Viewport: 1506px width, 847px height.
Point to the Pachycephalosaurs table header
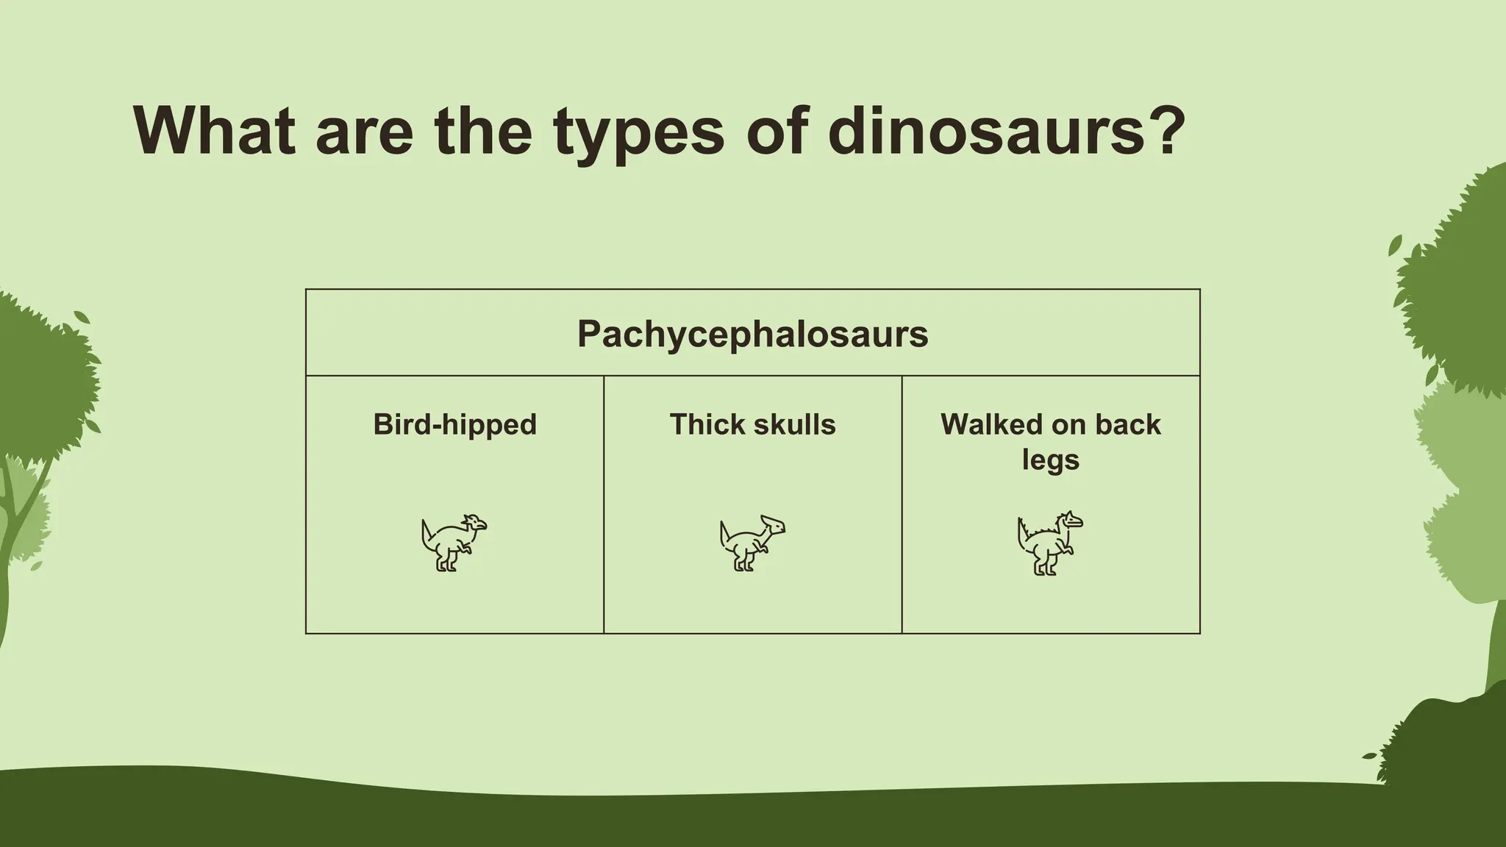coord(752,334)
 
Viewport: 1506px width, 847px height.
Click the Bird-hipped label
coord(454,424)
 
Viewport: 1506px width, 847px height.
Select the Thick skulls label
coord(752,424)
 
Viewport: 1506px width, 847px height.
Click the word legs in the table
coord(1050,460)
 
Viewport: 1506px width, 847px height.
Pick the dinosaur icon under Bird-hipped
coord(454,543)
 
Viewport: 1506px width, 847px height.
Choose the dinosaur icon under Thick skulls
coord(752,543)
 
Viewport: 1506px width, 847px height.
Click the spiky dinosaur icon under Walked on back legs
coord(1049,543)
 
